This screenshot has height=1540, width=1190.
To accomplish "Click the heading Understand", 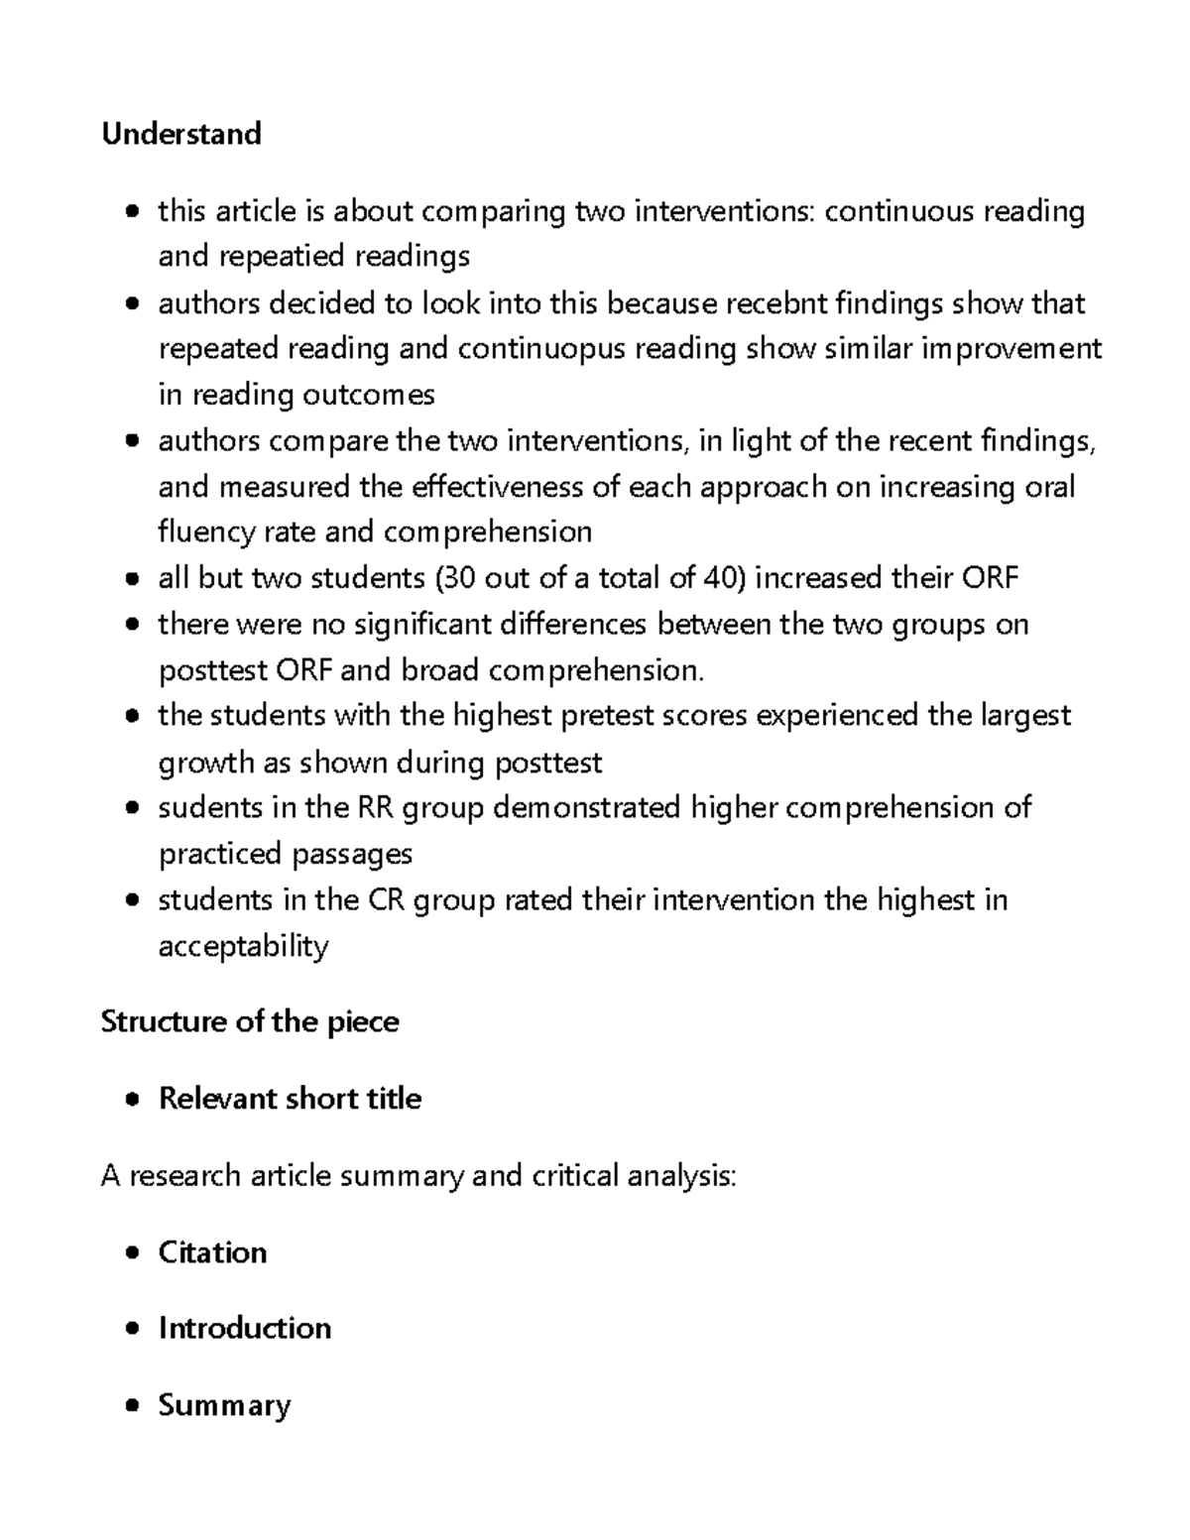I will click(180, 134).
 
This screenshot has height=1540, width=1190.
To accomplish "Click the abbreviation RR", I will click(374, 808).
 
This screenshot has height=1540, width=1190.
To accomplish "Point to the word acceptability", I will click(243, 946).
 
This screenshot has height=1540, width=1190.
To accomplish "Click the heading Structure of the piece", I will click(250, 1022).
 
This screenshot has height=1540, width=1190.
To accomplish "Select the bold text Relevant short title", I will click(290, 1099).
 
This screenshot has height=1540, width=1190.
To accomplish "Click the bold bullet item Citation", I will click(212, 1252).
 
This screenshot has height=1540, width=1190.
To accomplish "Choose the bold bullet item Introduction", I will click(244, 1329).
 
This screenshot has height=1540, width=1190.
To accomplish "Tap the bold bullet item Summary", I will click(224, 1405).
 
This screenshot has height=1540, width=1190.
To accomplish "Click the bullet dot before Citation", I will click(133, 1253).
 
